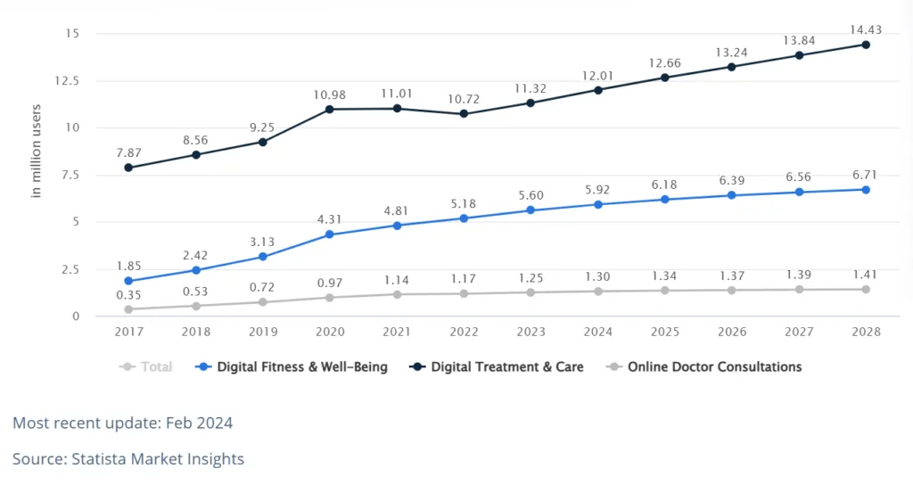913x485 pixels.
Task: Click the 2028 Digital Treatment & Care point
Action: pos(865,45)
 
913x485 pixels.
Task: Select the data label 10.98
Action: pos(329,95)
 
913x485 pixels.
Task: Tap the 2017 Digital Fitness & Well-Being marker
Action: pos(128,281)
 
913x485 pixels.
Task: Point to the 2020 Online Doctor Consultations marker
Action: pos(329,298)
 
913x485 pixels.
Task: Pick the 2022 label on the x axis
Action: pos(464,332)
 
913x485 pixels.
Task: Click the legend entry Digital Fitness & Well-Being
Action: pos(293,366)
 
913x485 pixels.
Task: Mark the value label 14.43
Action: pos(865,27)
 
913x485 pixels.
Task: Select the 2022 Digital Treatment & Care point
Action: pos(464,114)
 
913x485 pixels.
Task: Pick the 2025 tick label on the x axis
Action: pos(664,332)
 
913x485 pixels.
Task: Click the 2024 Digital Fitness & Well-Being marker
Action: pos(597,205)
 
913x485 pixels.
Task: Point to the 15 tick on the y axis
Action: pos(73,34)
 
